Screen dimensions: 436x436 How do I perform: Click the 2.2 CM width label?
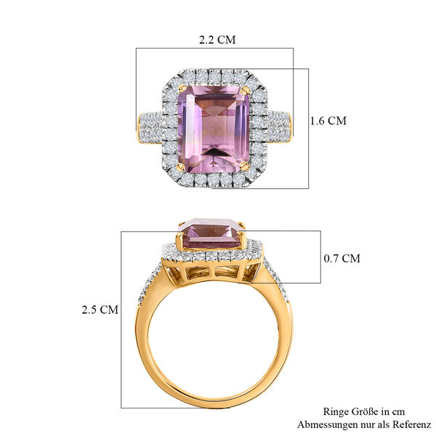point(217,41)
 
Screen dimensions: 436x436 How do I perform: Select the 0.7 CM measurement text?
point(341,258)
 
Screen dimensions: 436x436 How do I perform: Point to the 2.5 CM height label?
point(100,309)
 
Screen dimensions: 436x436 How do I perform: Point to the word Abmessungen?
point(323,424)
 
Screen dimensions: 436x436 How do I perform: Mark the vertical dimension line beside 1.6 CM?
point(310,121)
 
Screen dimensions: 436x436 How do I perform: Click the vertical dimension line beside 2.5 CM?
point(121,309)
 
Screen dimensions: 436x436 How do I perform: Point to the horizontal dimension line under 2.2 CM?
point(214,49)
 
